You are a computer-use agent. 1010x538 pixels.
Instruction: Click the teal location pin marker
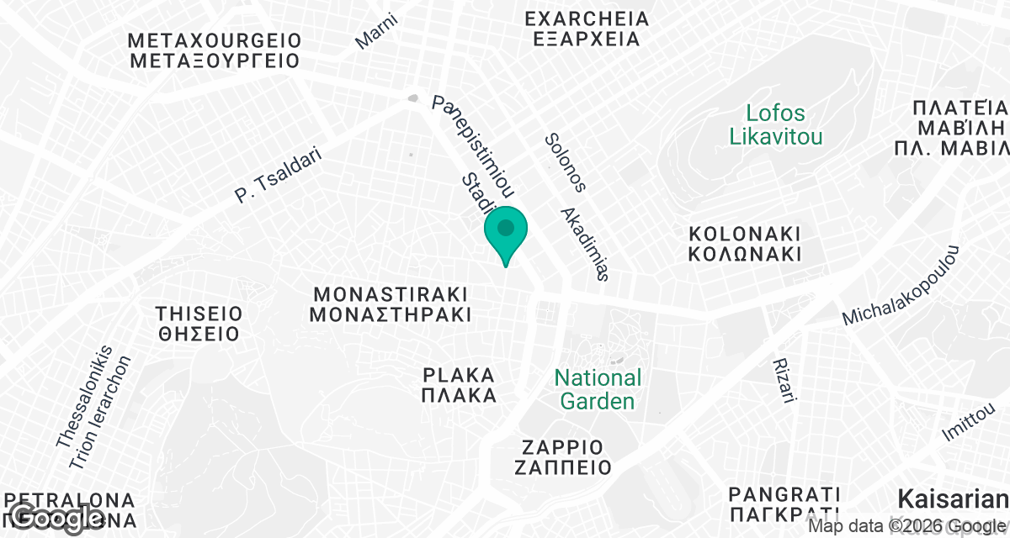coord(506,230)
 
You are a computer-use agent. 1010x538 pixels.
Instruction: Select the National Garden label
coord(598,389)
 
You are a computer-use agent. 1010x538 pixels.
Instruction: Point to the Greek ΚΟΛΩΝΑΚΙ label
coord(744,253)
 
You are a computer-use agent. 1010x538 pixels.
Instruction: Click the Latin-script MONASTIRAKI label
coord(390,294)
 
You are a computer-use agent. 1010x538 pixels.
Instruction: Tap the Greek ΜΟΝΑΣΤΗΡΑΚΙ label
coord(390,315)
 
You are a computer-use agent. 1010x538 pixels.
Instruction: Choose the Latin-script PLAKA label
coord(459,375)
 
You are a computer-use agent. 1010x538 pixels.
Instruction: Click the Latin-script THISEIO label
coord(199,314)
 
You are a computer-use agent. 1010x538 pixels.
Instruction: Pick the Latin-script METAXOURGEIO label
coord(215,40)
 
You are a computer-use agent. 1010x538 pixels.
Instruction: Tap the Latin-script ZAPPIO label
coord(562,446)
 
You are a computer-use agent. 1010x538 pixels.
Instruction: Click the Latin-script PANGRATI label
coord(785,493)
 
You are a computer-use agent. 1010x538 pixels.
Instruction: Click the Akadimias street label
coord(584,244)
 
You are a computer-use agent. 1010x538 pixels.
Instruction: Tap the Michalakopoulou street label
coord(901,286)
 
